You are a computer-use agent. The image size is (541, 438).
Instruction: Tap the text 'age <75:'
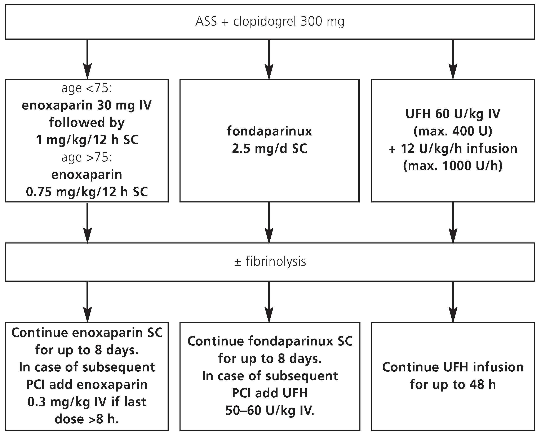pyautogui.click(x=87, y=88)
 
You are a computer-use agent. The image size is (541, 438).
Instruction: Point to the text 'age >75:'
pyautogui.click(x=87, y=157)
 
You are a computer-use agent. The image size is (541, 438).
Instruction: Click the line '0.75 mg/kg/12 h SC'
pyautogui.click(x=87, y=192)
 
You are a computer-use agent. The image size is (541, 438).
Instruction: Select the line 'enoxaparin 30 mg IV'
pyautogui.click(x=87, y=106)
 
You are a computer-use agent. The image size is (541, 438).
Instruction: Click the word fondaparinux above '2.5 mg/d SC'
pyautogui.click(x=269, y=131)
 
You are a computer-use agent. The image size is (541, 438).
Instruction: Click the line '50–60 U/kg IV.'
pyautogui.click(x=270, y=411)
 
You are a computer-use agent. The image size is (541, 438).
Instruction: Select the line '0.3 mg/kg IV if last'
pyautogui.click(x=87, y=402)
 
